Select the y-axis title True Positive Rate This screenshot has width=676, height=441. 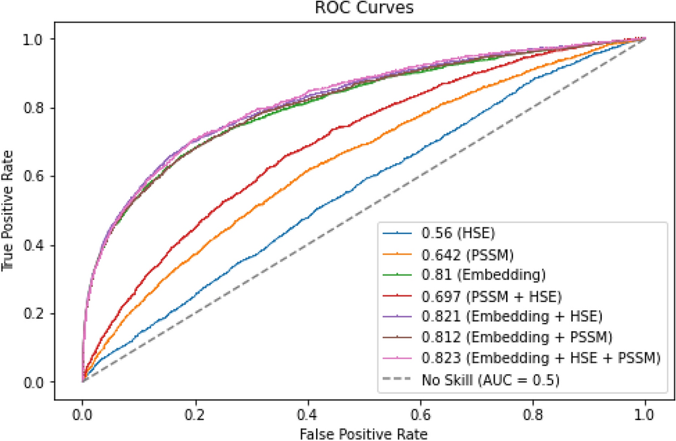tap(9, 210)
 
